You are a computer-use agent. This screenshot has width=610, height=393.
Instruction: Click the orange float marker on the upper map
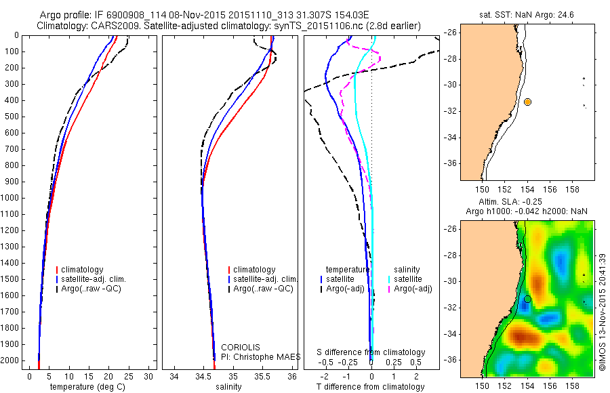[527, 102]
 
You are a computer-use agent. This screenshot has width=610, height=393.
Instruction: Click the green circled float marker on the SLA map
[527, 299]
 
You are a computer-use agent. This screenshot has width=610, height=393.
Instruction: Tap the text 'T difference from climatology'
[371, 387]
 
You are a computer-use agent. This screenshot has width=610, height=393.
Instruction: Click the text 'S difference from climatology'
[371, 352]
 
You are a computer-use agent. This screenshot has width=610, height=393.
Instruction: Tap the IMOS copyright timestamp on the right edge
[603, 312]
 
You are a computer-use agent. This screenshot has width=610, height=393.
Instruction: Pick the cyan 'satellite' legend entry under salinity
[408, 279]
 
